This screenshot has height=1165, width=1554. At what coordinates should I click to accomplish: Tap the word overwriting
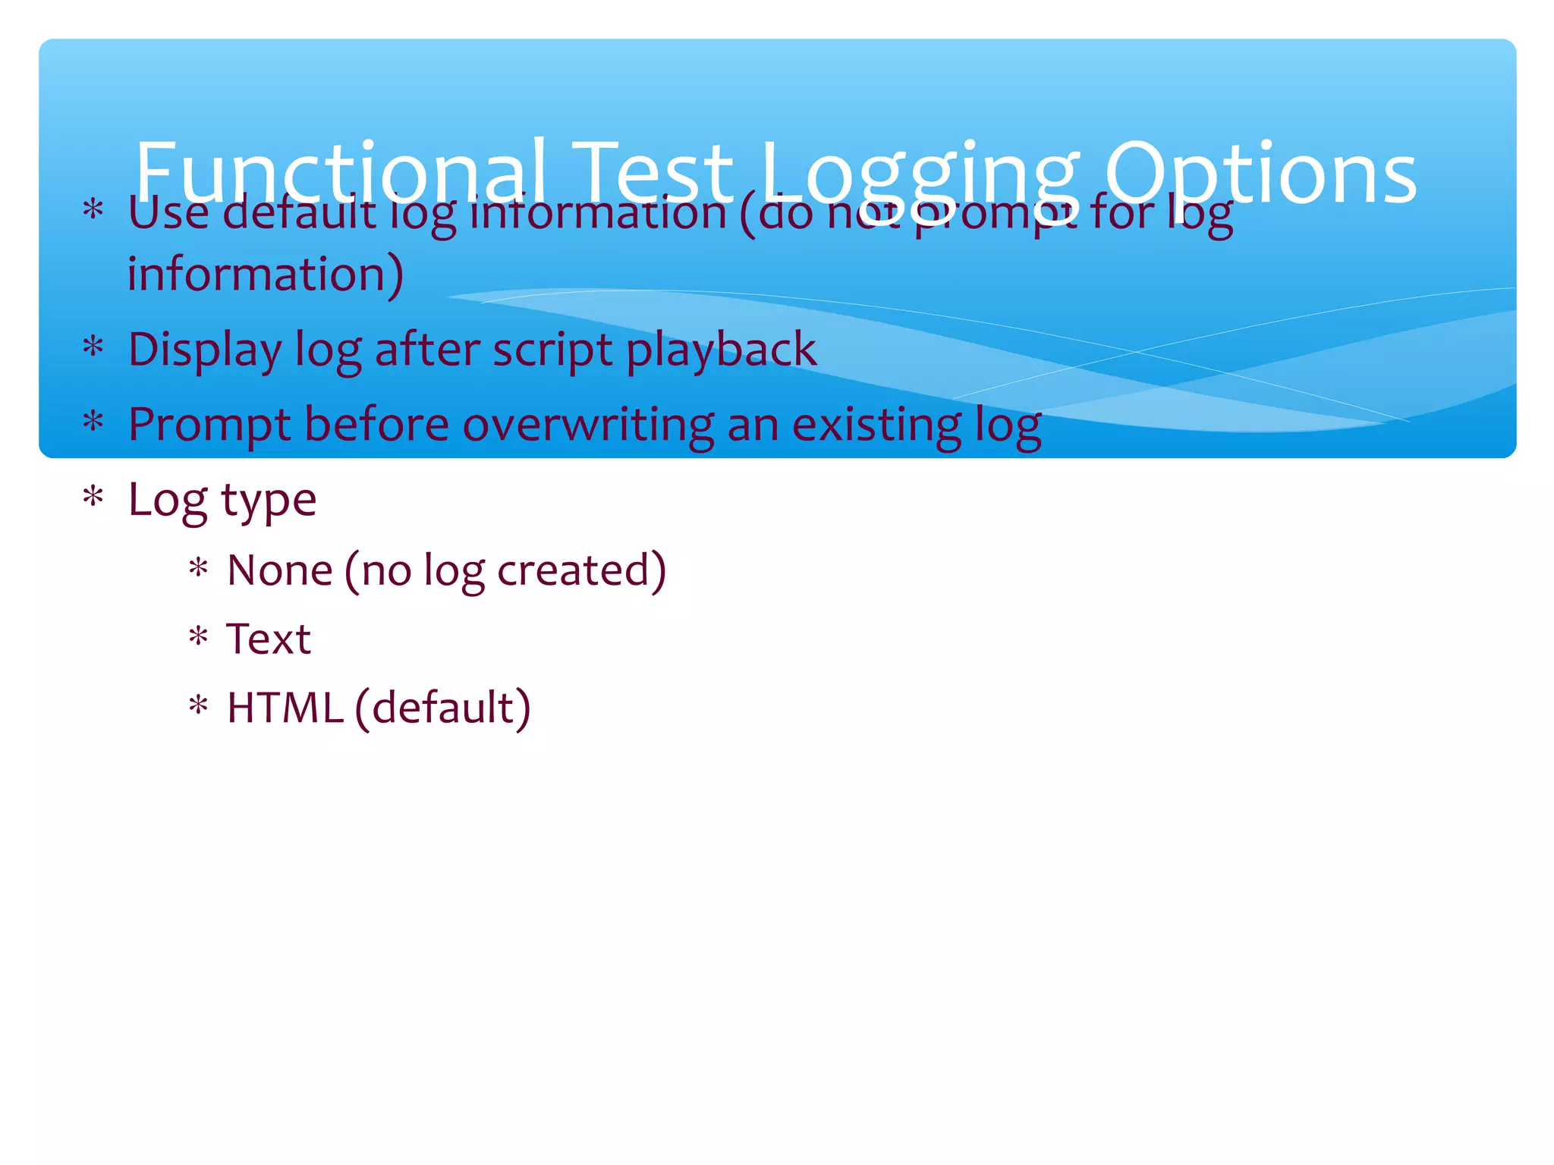(587, 425)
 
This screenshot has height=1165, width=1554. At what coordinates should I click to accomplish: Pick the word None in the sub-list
(280, 570)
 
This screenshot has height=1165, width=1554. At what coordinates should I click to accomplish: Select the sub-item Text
(269, 639)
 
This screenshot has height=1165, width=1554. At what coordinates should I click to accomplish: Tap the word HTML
(285, 708)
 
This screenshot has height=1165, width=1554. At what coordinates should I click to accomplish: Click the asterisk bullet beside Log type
(93, 498)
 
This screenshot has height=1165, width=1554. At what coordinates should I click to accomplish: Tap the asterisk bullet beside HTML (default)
(198, 705)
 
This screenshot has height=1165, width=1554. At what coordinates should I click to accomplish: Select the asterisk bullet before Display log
(93, 347)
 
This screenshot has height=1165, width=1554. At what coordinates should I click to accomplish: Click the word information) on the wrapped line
(265, 275)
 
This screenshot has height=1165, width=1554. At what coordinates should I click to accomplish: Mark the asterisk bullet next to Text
(198, 636)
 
